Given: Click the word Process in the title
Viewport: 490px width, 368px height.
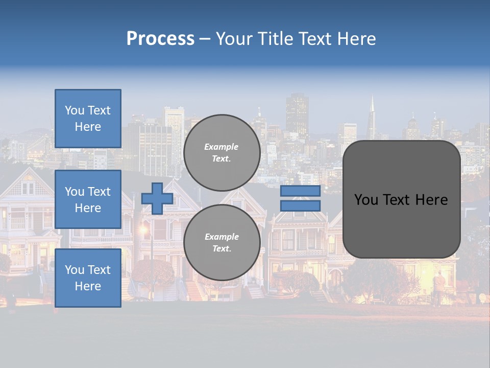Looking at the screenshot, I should point(160,39).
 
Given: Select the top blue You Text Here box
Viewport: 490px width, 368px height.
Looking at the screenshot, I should point(88,119).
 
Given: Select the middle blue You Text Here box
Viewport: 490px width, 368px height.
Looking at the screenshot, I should point(88,199).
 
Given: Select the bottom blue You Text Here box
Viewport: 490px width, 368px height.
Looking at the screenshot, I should point(88,278).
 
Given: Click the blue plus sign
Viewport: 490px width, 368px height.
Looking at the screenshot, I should point(157,198).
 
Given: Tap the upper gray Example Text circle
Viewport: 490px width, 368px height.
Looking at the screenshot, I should point(222,152).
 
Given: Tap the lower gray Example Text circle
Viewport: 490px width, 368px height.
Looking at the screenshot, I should point(222,242).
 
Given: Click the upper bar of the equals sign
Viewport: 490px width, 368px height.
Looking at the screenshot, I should point(300,191).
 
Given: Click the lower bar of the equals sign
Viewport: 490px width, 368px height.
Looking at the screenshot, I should point(300,206).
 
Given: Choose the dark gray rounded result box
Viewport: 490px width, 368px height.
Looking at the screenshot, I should point(401,199).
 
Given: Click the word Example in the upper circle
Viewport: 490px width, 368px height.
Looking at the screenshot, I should point(221,147).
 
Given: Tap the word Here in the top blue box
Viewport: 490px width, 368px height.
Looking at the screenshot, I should point(88,127).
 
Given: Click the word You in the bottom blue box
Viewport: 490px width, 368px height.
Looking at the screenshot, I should point(74,269).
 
